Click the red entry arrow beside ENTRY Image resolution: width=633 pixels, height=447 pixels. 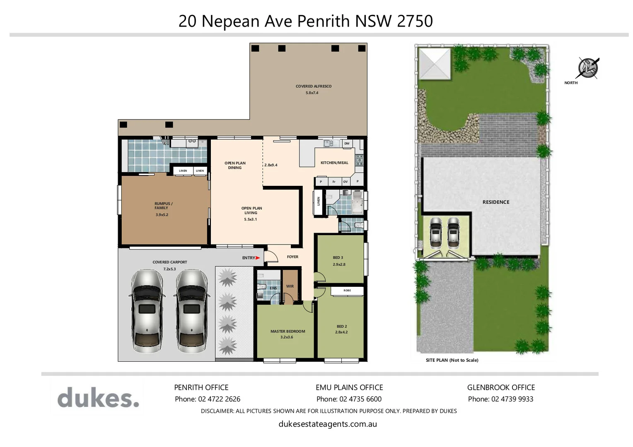(x=258, y=258)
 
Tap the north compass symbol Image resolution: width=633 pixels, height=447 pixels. (x=588, y=67)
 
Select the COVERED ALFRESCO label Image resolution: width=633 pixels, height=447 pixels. (x=313, y=86)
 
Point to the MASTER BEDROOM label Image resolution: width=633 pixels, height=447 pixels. (x=288, y=331)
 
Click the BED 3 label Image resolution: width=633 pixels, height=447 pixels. (x=338, y=257)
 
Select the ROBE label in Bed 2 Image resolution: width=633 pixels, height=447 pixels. (x=347, y=291)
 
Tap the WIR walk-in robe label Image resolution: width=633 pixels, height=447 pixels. (x=290, y=286)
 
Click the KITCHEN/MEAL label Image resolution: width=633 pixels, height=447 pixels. (x=334, y=163)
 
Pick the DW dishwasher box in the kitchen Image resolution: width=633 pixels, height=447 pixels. (x=347, y=144)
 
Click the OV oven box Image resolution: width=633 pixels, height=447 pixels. (x=345, y=182)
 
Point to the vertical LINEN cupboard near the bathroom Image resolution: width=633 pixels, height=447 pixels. (x=318, y=202)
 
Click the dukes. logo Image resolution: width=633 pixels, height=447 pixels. (x=98, y=398)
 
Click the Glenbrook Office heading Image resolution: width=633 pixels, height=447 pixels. (x=501, y=387)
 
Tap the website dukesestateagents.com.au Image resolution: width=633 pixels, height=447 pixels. (x=328, y=424)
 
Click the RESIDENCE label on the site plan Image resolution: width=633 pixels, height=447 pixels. (x=495, y=202)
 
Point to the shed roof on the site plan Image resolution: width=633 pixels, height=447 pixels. (x=434, y=63)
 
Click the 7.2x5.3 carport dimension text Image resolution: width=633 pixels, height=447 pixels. (x=169, y=269)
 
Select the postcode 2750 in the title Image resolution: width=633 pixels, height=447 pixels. (x=415, y=21)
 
